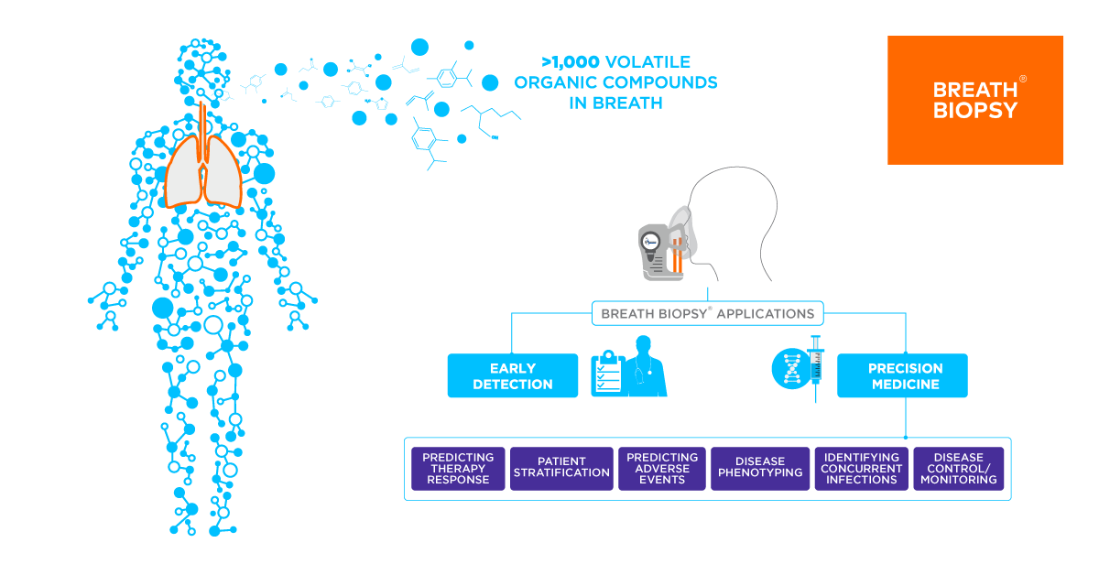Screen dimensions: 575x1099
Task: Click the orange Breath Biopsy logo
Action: [x=975, y=100]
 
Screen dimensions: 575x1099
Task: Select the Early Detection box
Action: [x=512, y=376]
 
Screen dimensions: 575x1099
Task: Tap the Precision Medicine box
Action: [x=902, y=376]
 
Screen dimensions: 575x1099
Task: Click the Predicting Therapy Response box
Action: [x=458, y=469]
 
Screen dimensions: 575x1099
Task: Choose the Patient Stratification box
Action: [x=561, y=469]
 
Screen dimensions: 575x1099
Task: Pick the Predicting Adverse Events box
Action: [x=662, y=469]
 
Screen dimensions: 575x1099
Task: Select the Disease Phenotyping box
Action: [x=760, y=469]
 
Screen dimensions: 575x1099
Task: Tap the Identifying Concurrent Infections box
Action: [x=861, y=469]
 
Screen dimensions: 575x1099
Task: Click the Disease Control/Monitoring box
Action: [x=958, y=469]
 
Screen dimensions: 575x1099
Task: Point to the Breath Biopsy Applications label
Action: [x=707, y=313]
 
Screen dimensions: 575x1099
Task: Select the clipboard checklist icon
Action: [x=606, y=374]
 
